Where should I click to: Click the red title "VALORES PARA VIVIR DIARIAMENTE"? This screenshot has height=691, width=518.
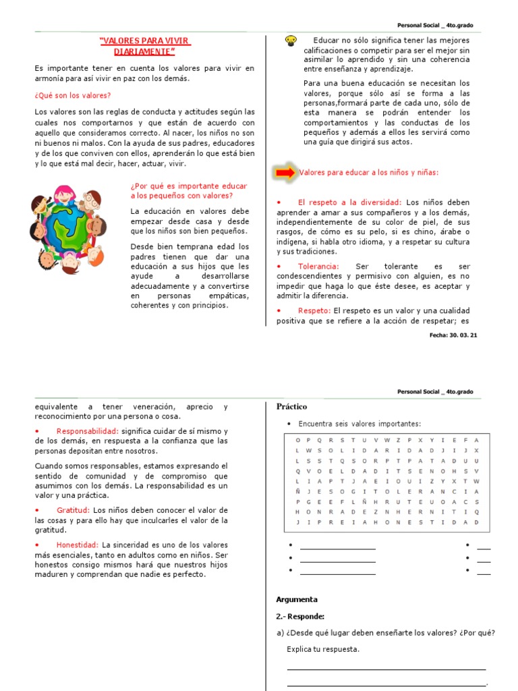pos(144,46)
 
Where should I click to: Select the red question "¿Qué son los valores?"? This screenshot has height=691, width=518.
pos(73,96)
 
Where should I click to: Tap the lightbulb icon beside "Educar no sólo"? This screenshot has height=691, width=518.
pos(291,40)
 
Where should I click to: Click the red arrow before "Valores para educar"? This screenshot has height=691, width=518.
pos(285,173)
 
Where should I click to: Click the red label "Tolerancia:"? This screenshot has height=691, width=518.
pos(318,267)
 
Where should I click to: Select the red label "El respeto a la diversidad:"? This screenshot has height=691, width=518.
pos(349,202)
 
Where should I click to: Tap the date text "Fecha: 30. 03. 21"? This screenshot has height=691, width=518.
pos(453,335)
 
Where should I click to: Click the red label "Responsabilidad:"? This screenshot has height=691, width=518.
pos(88,431)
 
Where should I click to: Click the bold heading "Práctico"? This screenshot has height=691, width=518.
pos(291,407)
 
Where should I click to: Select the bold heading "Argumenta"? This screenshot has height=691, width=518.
pos(297,599)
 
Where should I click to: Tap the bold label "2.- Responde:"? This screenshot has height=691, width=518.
pos(300,616)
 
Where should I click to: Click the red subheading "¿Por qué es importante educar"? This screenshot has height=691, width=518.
pos(189,186)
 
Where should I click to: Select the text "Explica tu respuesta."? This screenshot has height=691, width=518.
pos(323,649)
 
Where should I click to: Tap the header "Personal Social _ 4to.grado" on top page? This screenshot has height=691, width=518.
pos(435,25)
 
